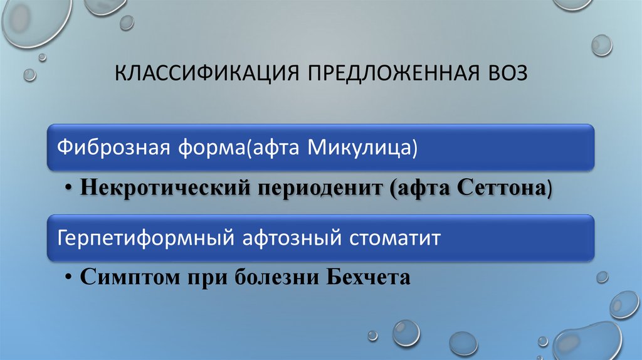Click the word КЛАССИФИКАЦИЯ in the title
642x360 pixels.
pos(207,73)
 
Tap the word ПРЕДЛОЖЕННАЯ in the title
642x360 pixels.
pos(394,73)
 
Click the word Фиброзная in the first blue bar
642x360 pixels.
pos(113,147)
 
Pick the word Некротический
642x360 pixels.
pos(165,188)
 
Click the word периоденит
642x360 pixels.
pos(320,188)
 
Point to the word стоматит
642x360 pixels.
pos(395,238)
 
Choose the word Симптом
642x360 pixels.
pos(130,277)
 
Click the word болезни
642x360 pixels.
pos(276,277)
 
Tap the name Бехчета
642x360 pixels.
pos(369,277)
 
